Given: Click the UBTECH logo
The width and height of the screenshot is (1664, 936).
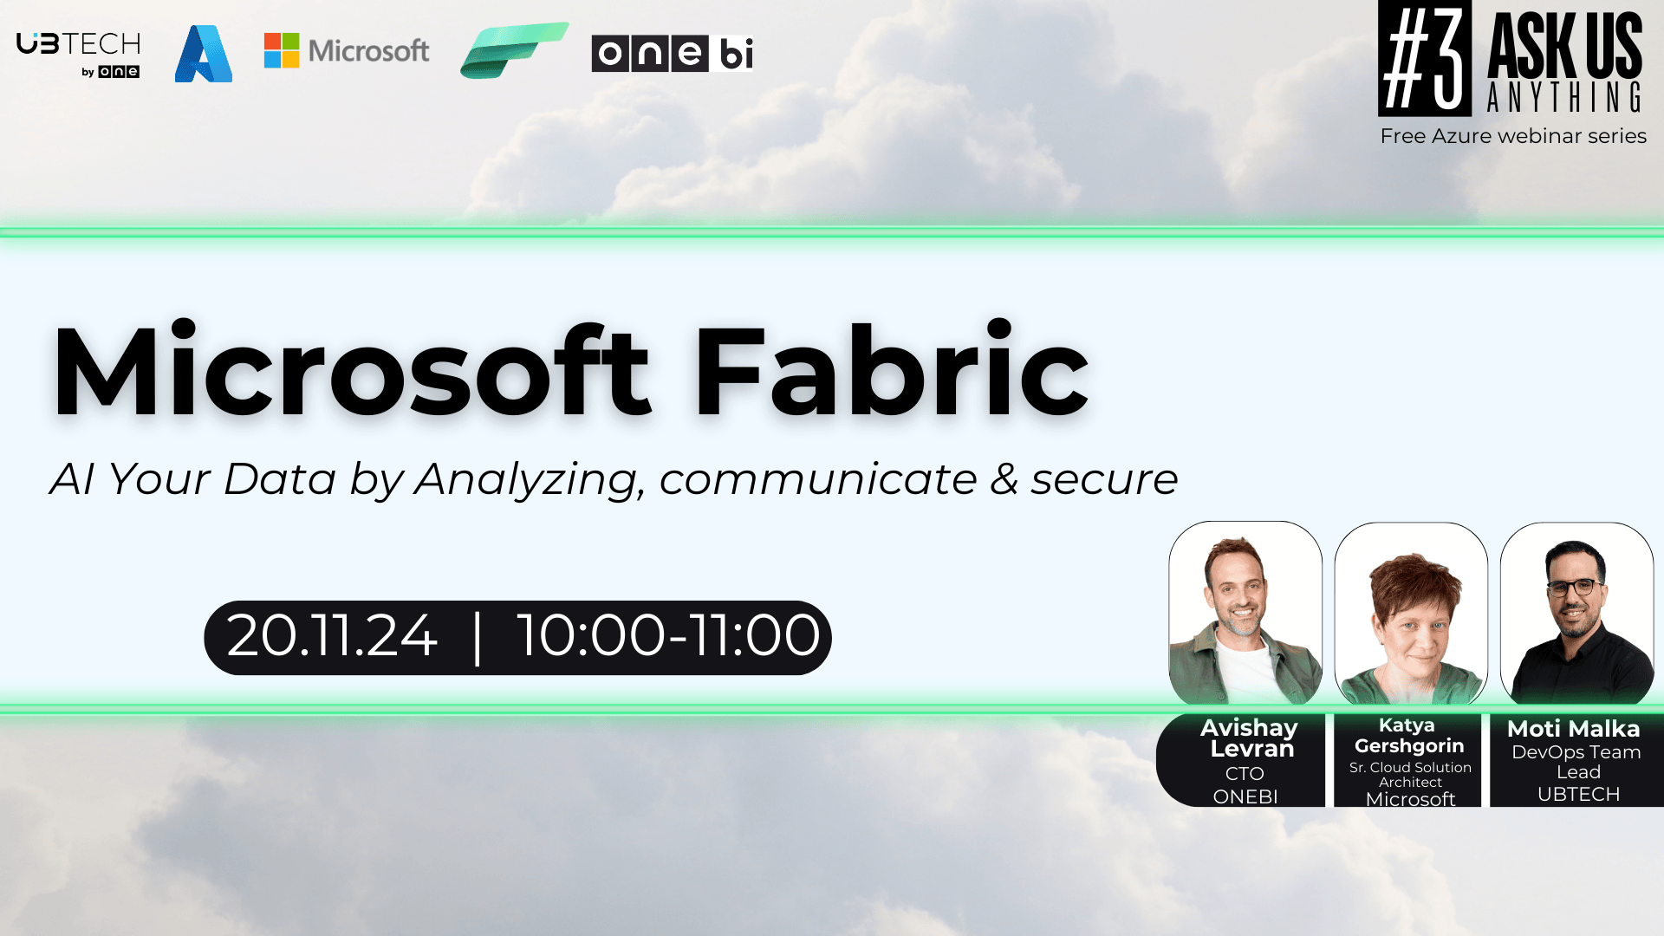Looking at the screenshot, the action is tap(79, 55).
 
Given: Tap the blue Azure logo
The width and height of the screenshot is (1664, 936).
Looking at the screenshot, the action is tap(204, 54).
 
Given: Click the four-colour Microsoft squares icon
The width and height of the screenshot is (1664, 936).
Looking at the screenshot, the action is tap(282, 50).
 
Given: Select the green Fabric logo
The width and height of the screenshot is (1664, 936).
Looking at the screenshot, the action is tap(514, 50).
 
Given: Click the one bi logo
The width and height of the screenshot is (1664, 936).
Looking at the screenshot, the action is tap(673, 53).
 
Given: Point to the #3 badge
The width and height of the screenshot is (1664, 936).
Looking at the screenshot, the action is tap(1425, 58).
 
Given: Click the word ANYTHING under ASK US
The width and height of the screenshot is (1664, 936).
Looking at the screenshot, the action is tap(1564, 97).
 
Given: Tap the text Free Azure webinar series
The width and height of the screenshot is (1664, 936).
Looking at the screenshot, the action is tap(1513, 136).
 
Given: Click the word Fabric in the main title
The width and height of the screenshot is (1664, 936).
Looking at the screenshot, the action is tap(891, 371).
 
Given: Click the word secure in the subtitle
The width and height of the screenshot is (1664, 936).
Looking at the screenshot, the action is tap(1104, 480).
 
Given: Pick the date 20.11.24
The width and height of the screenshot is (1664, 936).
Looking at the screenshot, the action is tap(332, 636).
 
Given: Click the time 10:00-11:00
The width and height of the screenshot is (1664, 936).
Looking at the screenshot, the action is tap(668, 636).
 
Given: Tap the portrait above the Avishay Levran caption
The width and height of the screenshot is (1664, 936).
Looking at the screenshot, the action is tap(1245, 614).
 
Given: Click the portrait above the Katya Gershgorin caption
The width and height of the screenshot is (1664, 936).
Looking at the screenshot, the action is tap(1411, 614).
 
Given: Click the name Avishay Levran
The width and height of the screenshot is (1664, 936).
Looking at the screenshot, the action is tap(1250, 738).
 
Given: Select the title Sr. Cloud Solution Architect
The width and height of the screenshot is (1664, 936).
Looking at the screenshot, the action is tap(1410, 775).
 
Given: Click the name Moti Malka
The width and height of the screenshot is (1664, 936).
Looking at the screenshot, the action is tap(1574, 729).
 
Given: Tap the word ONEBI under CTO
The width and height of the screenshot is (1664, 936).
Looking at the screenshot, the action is tap(1245, 796).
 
